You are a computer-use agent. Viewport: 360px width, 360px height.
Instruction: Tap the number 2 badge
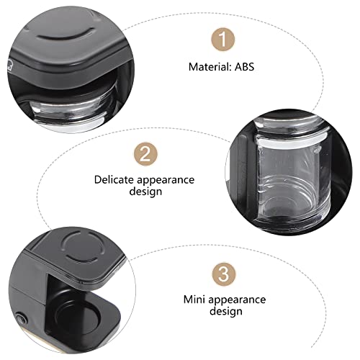click(145, 153)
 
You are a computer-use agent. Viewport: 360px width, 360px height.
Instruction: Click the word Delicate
click(112, 180)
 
